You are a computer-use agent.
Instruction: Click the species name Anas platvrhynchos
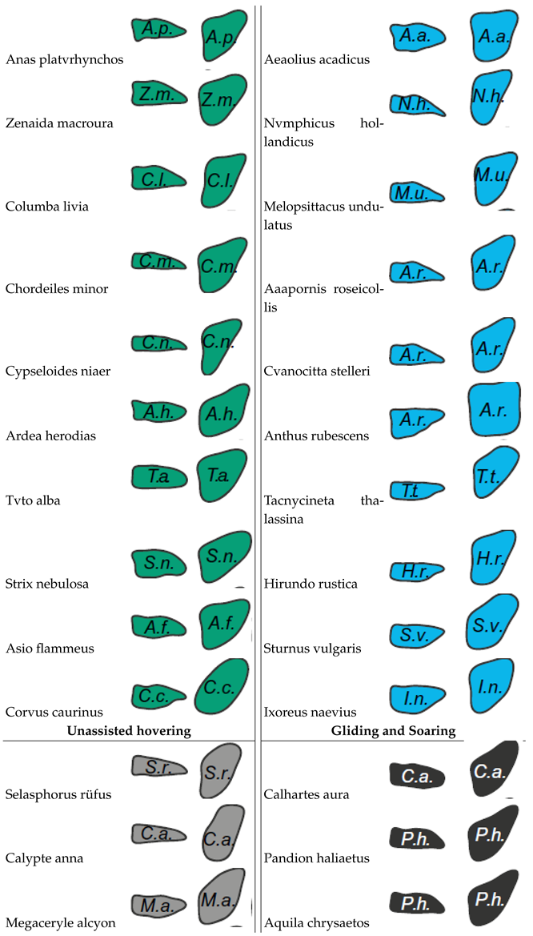click(64, 60)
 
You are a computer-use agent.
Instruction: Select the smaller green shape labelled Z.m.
click(157, 95)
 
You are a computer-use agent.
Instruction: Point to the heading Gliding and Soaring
click(393, 730)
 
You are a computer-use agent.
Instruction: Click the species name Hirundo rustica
click(311, 584)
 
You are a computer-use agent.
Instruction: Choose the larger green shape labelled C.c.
click(221, 687)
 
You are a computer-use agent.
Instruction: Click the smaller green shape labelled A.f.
click(157, 624)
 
